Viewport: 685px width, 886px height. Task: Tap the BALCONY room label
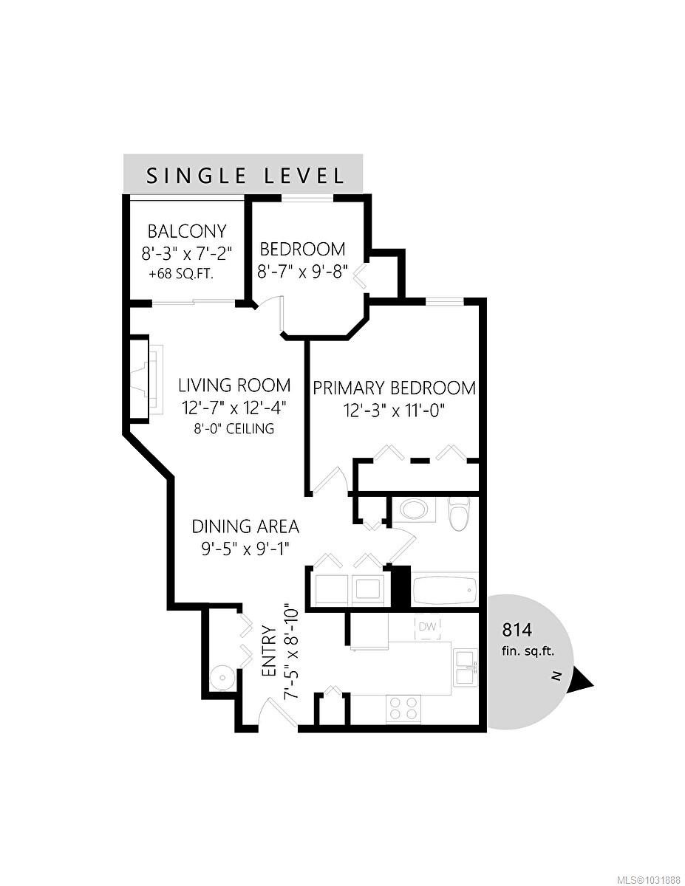click(186, 232)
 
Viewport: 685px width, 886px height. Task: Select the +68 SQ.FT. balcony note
click(182, 275)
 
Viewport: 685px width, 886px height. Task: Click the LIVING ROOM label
click(234, 385)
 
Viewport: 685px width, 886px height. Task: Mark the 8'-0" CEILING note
click(234, 428)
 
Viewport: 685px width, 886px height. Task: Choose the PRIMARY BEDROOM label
click(394, 388)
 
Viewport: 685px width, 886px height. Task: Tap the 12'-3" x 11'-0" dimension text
click(393, 411)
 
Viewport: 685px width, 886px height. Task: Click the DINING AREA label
click(245, 526)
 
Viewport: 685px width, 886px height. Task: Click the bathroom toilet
click(460, 514)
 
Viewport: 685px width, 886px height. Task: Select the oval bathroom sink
click(413, 509)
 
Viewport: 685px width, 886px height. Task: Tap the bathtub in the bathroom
click(445, 590)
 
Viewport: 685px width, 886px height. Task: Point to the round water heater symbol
click(222, 678)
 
